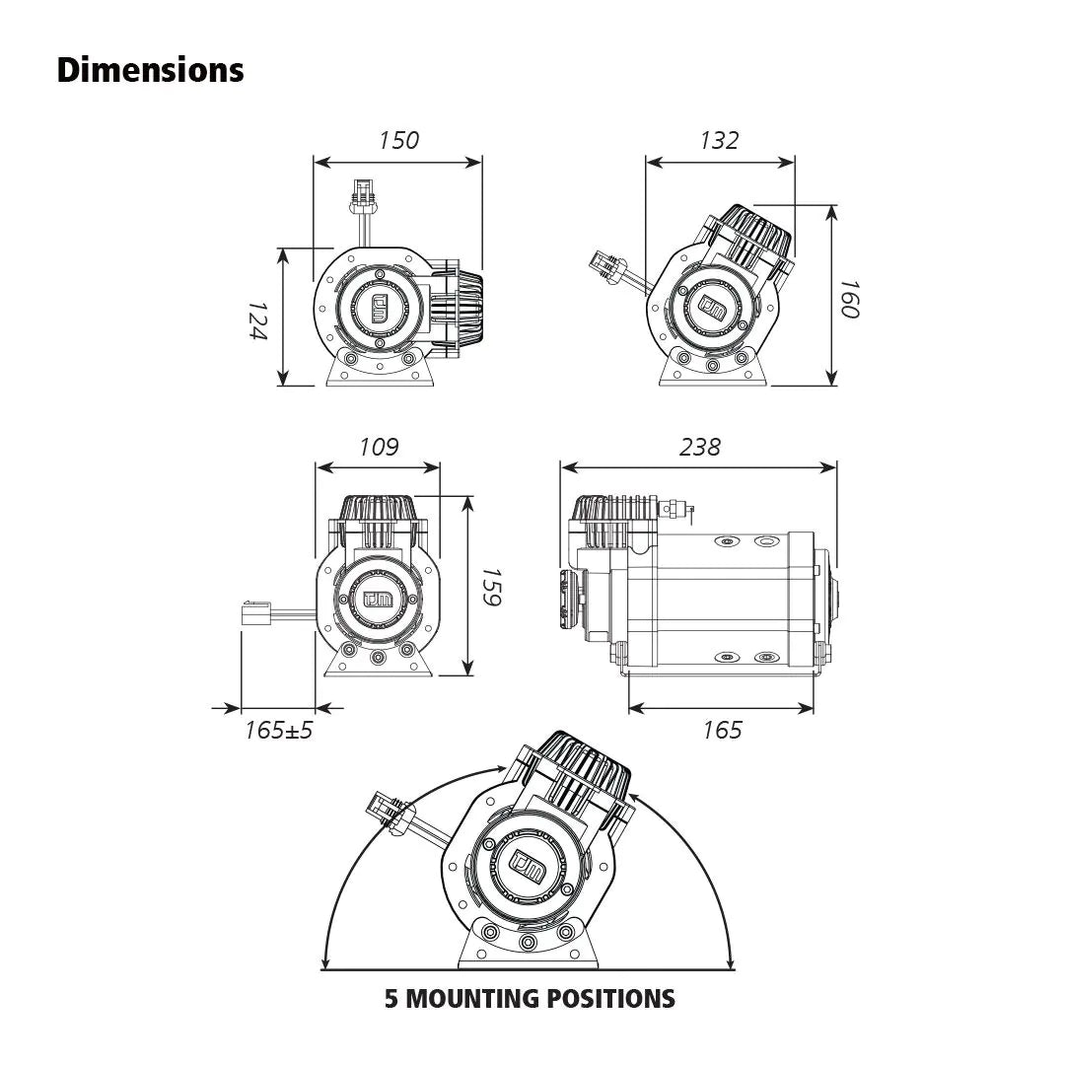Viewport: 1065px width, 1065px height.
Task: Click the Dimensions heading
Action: coord(150,70)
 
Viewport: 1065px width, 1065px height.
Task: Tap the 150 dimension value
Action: coord(398,141)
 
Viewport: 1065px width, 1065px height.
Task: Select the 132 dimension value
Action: coord(719,141)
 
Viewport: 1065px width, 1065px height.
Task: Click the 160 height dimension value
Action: coord(850,299)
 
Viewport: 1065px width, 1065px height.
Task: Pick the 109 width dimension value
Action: coord(379,447)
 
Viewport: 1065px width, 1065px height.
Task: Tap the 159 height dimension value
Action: coord(491,587)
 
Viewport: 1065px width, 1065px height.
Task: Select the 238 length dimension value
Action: coord(699,447)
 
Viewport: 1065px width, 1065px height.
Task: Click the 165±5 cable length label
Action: coord(278,730)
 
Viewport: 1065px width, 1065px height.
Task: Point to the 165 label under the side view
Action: coord(722,730)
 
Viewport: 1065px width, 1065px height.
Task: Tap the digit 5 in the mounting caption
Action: coord(391,998)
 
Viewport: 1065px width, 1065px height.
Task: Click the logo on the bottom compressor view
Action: coord(528,864)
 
